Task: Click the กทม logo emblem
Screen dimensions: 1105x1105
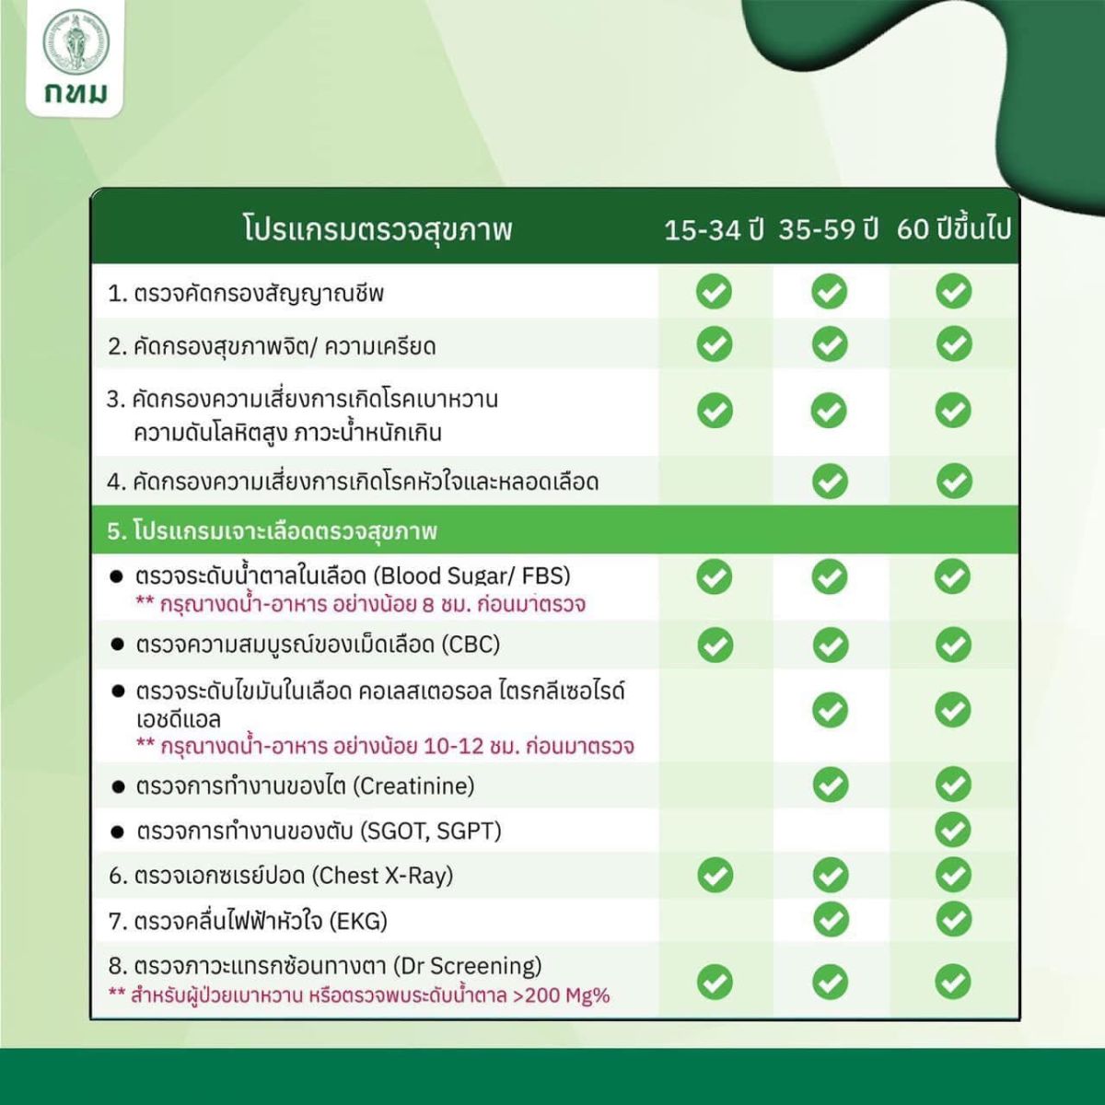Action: (76, 42)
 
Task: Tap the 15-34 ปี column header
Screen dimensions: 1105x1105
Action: (714, 229)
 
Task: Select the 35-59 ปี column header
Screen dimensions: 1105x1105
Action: (829, 229)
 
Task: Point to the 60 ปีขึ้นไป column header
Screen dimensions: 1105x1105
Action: (953, 229)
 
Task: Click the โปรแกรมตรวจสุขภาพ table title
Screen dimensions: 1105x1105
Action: (378, 228)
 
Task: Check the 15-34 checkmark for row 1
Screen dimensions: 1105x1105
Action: (714, 292)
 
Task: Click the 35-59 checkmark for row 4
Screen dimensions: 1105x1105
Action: (830, 481)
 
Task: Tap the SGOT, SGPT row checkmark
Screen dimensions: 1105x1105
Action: (953, 830)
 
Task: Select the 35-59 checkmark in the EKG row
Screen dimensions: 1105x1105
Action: (831, 919)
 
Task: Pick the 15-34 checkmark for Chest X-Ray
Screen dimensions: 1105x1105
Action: (715, 875)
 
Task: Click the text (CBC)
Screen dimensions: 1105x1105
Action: (471, 644)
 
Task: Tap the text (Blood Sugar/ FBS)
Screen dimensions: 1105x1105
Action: (472, 576)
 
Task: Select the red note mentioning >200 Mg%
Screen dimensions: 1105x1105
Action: (359, 994)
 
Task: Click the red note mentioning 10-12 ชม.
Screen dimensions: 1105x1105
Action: (385, 746)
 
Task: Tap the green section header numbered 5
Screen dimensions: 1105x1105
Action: (272, 530)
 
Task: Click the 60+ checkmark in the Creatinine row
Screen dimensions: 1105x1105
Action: (953, 785)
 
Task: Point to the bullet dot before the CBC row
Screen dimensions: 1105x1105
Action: (117, 645)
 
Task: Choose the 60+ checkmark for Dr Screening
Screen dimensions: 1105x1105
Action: (953, 982)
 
